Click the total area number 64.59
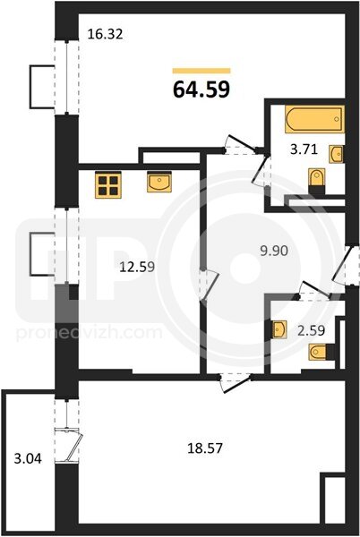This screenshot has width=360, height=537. point(201,89)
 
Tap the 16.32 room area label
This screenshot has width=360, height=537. point(105,34)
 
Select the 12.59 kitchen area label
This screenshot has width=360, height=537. point(137,267)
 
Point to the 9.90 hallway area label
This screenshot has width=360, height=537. point(274,251)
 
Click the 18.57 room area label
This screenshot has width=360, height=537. point(205,448)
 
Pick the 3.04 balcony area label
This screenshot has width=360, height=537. point(28,458)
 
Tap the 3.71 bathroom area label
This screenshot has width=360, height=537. point(304,149)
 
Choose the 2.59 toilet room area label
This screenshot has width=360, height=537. point(311,330)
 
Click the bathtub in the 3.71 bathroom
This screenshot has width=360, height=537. point(314,119)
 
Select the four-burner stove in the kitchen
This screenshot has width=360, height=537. point(108,184)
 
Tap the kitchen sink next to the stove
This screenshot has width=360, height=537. point(159,182)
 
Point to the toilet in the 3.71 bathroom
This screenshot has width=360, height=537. point(317,181)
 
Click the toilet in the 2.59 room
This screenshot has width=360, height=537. point(321,352)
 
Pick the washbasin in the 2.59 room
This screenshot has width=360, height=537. point(279,329)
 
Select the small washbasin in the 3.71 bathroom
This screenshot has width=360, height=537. point(337,154)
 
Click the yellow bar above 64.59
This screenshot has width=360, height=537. point(201,71)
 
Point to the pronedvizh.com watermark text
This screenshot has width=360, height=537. point(90,333)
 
